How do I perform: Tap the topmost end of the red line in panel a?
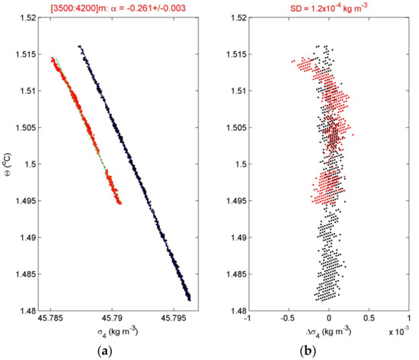coord(52,57)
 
